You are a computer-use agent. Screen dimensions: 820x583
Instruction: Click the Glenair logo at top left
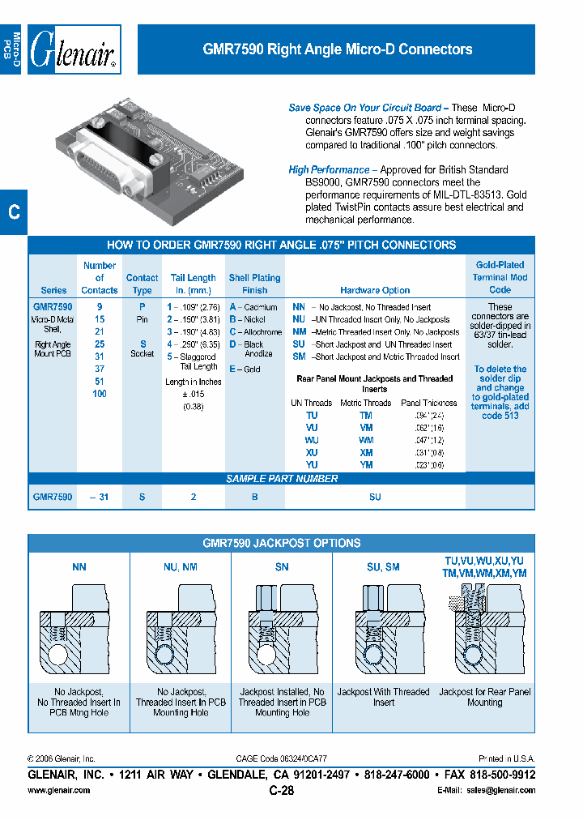(74, 50)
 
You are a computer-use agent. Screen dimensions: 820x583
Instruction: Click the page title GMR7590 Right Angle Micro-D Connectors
(337, 49)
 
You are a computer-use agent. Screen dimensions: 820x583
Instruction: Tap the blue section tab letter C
(14, 213)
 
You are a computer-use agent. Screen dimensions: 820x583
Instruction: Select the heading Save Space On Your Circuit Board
(365, 108)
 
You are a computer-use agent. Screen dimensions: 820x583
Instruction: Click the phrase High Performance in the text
(329, 169)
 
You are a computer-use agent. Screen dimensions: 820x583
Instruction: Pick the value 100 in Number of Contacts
(100, 394)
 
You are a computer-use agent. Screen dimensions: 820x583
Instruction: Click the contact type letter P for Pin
(143, 307)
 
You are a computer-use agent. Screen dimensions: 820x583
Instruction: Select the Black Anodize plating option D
(232, 344)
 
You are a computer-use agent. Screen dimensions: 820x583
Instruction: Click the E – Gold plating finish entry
(245, 369)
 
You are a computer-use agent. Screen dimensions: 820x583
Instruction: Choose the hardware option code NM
(299, 332)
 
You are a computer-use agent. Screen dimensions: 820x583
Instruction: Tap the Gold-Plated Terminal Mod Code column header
(500, 277)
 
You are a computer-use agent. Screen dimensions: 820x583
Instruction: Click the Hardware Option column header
(375, 290)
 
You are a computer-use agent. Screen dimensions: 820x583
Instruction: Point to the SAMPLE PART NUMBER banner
(281, 479)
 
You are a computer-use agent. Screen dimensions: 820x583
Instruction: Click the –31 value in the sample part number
(100, 497)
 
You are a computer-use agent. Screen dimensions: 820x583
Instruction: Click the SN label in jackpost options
(282, 568)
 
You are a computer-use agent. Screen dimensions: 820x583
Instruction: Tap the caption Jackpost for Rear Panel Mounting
(484, 697)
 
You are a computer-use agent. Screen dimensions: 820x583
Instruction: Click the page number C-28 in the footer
(281, 791)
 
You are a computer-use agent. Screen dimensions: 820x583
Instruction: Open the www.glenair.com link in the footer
(59, 791)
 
